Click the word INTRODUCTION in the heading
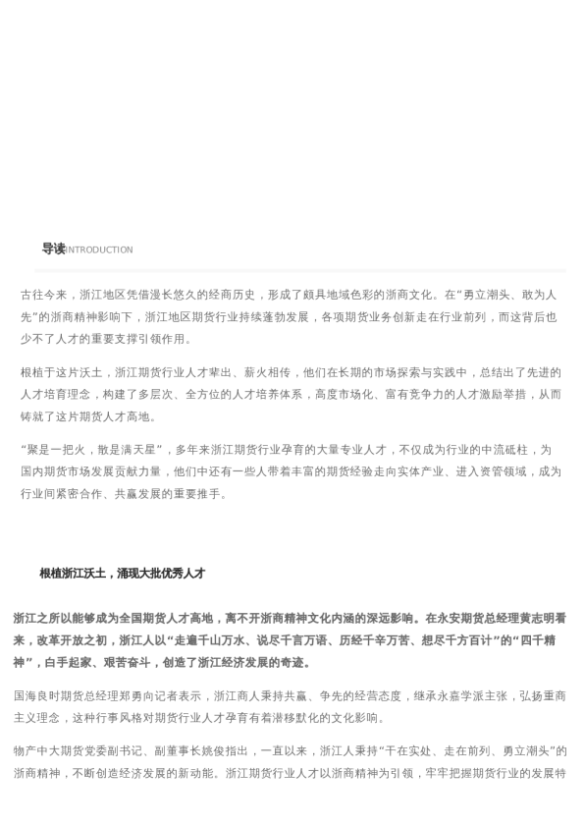click(99, 250)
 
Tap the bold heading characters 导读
click(53, 249)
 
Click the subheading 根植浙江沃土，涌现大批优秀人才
click(122, 574)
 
